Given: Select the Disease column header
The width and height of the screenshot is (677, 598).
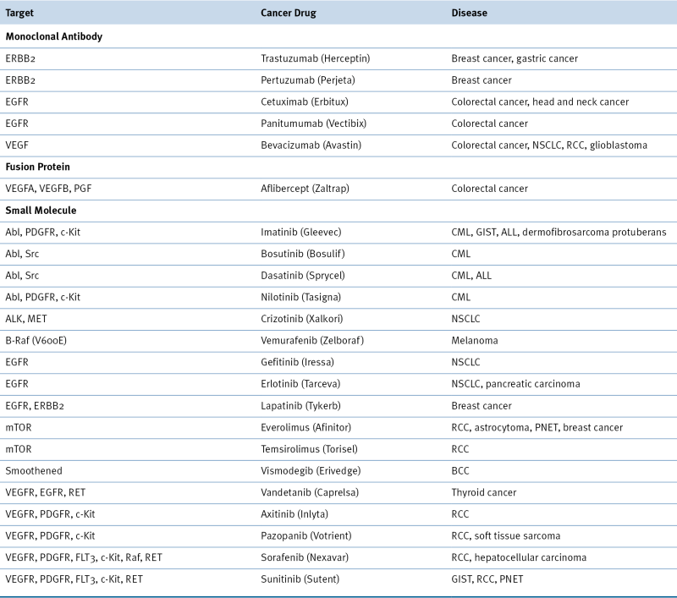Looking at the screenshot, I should pos(469,14).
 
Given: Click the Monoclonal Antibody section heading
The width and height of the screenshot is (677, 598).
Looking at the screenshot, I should pos(54,37).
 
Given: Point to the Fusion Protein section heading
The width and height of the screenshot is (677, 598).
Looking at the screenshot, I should pos(38,167).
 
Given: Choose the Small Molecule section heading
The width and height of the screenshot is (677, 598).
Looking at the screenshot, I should pos(41,210).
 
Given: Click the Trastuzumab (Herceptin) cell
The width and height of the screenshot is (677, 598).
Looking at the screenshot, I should pos(316,59).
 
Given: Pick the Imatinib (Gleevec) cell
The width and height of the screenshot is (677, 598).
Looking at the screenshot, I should pos(302,232).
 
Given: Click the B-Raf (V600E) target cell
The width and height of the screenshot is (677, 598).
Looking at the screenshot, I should pos(41,340).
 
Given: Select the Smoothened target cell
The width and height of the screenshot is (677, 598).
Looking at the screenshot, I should pos(35,469).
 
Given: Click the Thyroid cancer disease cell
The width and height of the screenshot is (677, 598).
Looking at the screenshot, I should pos(483,491).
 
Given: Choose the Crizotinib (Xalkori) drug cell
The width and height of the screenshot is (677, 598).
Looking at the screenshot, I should pos(302,318).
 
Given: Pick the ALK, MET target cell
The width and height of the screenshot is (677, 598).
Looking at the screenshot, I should pos(27,318).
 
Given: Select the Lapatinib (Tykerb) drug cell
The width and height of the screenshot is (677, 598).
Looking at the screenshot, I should pos(301,405).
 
